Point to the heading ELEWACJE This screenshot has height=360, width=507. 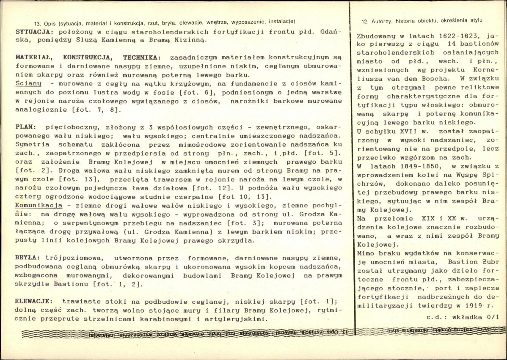(x=34, y=301)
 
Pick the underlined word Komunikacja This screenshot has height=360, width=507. (x=36, y=204)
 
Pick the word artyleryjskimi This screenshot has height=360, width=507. (x=234, y=319)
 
